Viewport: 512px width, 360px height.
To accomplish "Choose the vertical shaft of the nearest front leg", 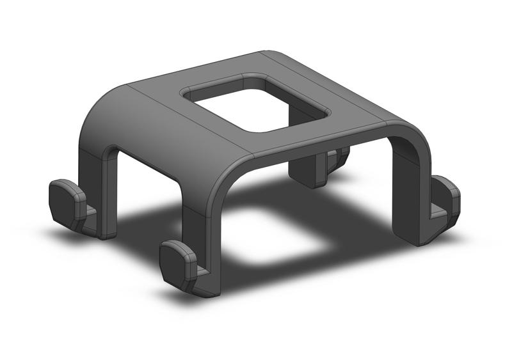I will [x=205, y=243].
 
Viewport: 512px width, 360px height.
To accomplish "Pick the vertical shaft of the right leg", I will [x=410, y=192].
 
